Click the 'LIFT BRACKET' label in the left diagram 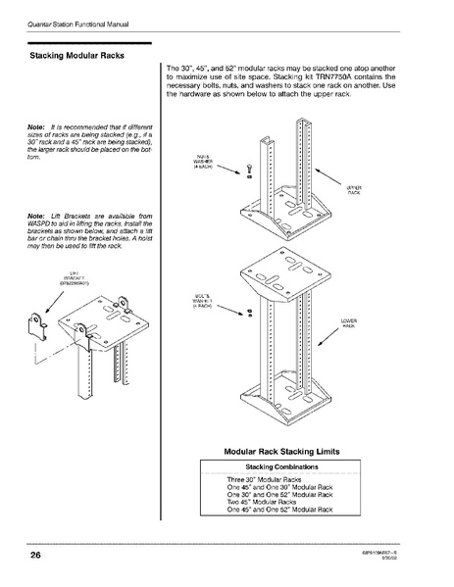coord(74,278)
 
